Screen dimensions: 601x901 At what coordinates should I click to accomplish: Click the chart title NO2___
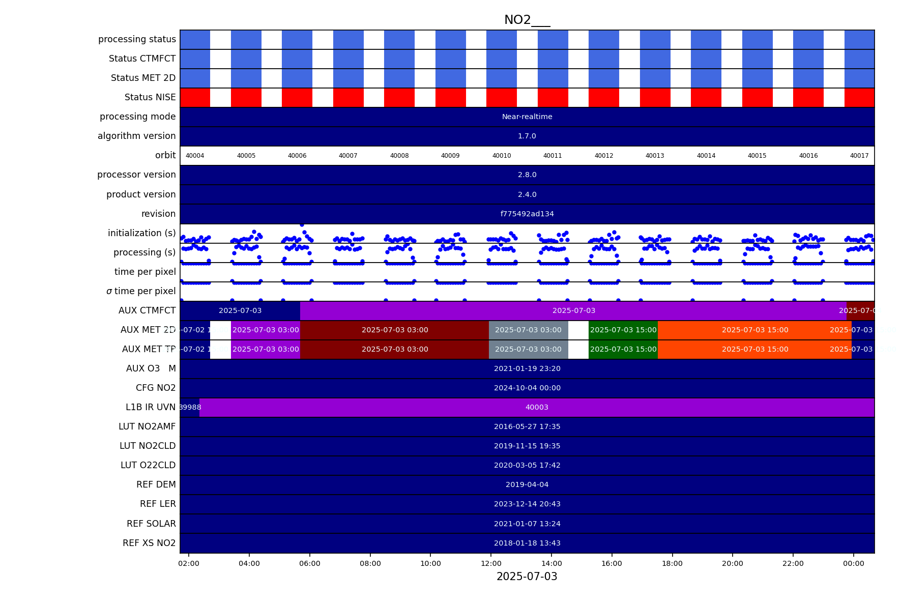[x=527, y=20]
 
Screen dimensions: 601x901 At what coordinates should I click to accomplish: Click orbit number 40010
[x=501, y=156]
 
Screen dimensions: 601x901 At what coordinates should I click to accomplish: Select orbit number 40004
[x=195, y=156]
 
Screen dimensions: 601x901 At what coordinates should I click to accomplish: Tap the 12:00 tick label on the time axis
[x=491, y=563]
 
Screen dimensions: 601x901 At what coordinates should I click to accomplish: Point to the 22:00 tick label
[x=793, y=563]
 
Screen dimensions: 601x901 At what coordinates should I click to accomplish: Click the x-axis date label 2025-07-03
[x=527, y=577]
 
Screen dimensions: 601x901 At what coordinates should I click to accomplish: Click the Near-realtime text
[x=527, y=117]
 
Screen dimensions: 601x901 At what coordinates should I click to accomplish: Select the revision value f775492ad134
[x=527, y=214]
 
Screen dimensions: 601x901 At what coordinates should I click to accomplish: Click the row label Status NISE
[x=150, y=97]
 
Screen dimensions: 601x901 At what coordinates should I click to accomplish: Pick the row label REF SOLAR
[x=151, y=524]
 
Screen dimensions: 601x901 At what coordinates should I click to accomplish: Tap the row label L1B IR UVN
[x=150, y=407]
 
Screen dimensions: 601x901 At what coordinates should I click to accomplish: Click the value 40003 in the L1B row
[x=537, y=408]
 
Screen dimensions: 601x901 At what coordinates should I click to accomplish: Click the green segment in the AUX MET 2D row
[x=623, y=330]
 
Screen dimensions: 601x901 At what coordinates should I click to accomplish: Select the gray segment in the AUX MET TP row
[x=528, y=350]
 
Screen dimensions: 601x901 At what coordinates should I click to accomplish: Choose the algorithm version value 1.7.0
[x=527, y=136]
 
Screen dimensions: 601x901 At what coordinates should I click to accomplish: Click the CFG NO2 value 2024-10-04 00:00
[x=527, y=388]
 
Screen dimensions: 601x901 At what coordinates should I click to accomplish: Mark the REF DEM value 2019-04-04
[x=527, y=485]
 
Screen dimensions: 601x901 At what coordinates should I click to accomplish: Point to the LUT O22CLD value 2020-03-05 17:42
[x=527, y=466]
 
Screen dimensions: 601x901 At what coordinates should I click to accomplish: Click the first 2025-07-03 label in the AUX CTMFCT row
[x=240, y=311]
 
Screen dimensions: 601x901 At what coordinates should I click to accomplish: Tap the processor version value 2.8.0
[x=527, y=175]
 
